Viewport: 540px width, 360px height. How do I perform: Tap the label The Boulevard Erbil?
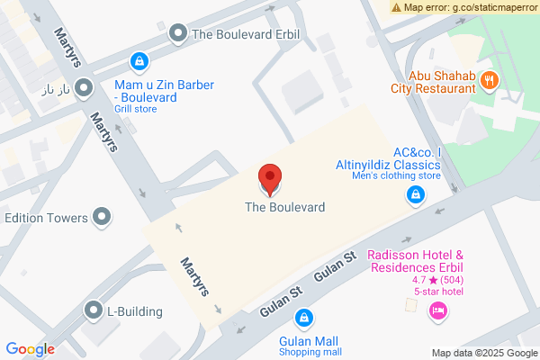click(246, 36)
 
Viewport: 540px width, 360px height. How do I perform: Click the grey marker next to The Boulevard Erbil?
click(178, 35)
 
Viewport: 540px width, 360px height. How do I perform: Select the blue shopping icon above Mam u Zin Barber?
click(139, 61)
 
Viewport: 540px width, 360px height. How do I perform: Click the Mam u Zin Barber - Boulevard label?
click(164, 91)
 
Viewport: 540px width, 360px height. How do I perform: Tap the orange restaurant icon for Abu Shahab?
click(490, 79)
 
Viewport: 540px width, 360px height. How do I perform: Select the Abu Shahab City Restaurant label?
click(433, 82)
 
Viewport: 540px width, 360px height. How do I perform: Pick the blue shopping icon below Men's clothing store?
click(415, 194)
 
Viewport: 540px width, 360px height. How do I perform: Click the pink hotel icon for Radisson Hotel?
click(438, 310)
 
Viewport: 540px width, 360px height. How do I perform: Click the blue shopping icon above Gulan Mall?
click(304, 318)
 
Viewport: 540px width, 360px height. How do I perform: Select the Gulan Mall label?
click(309, 341)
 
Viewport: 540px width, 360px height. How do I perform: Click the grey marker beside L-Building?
click(93, 311)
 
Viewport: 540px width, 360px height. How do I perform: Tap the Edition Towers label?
click(46, 218)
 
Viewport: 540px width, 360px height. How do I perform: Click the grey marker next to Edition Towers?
click(102, 217)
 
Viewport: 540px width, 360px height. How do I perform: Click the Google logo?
click(30, 349)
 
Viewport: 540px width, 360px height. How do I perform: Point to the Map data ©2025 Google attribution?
click(482, 353)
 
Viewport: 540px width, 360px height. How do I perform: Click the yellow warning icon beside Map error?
click(397, 6)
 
